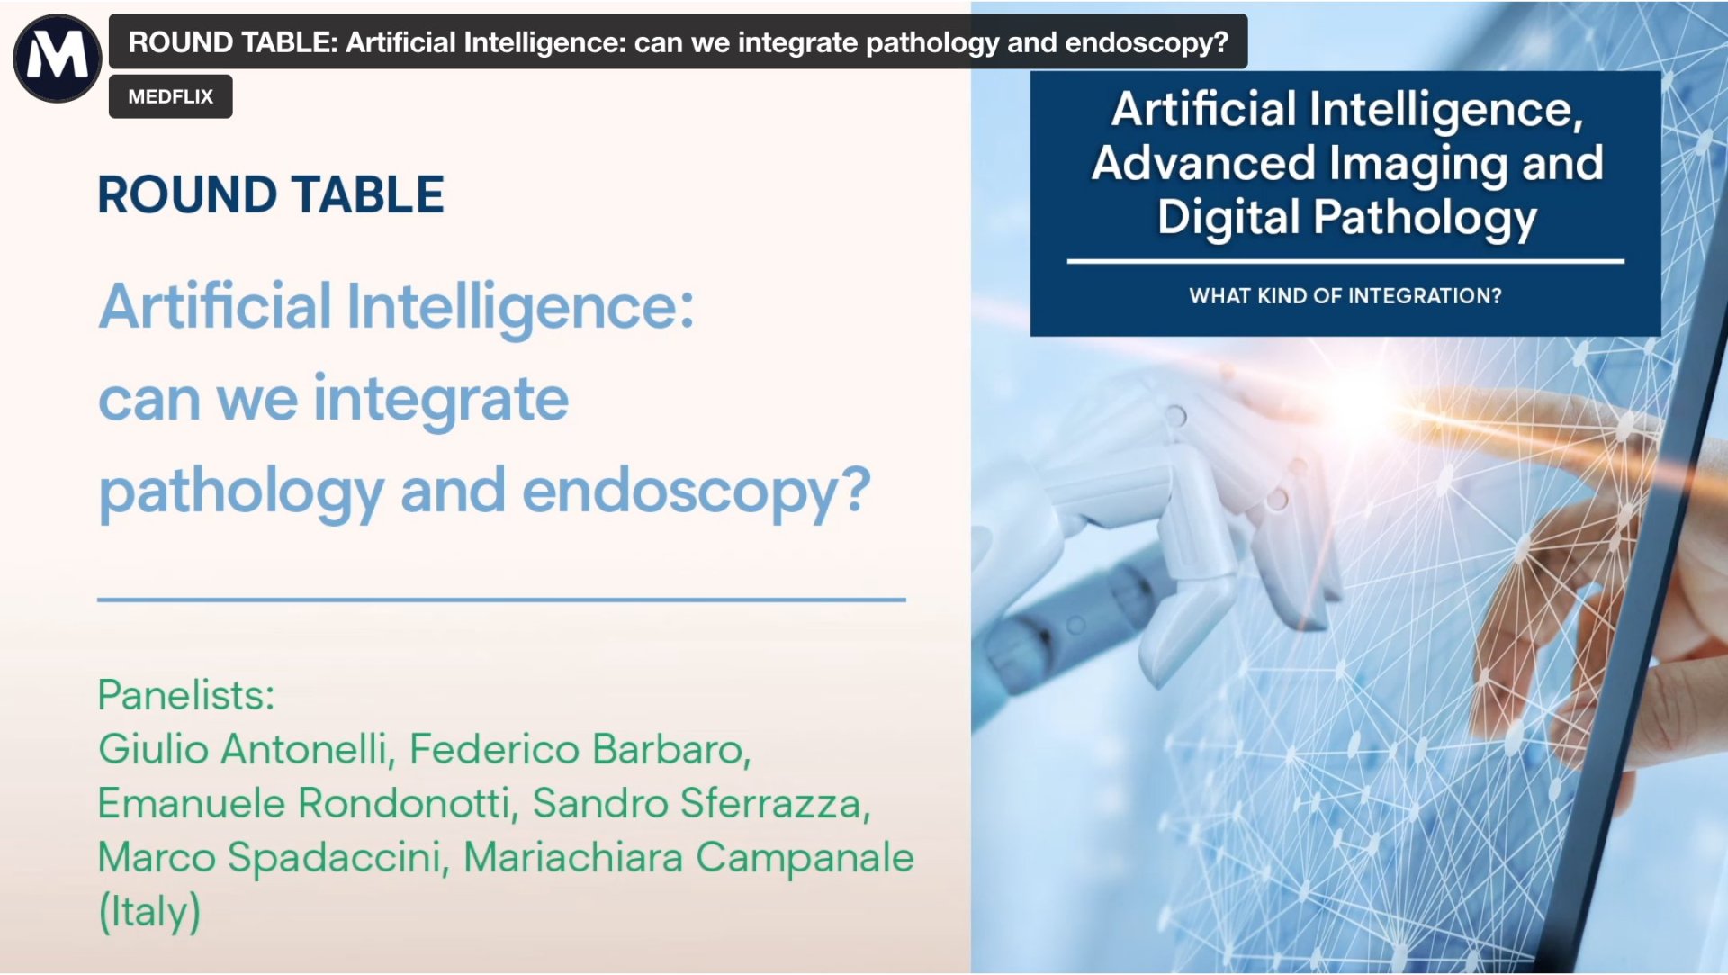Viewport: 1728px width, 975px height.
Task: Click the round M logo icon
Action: [x=57, y=58]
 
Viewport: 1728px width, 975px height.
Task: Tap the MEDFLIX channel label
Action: [x=170, y=96]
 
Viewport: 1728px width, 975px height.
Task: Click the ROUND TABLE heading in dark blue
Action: [x=270, y=194]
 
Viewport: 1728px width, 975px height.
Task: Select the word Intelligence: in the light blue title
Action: [x=519, y=307]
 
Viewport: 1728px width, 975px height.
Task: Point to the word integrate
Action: [x=440, y=399]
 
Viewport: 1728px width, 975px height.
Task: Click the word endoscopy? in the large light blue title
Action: [x=696, y=492]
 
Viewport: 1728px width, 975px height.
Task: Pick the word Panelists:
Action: [x=185, y=695]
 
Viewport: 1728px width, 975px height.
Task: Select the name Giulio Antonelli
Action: [x=243, y=749]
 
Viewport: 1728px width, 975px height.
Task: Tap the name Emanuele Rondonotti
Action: [x=305, y=803]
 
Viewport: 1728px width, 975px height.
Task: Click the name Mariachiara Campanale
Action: [x=688, y=857]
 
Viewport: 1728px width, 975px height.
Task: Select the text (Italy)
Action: [x=148, y=911]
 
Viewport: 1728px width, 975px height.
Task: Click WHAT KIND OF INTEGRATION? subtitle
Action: [x=1345, y=296]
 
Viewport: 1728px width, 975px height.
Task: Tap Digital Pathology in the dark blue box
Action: [x=1346, y=218]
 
